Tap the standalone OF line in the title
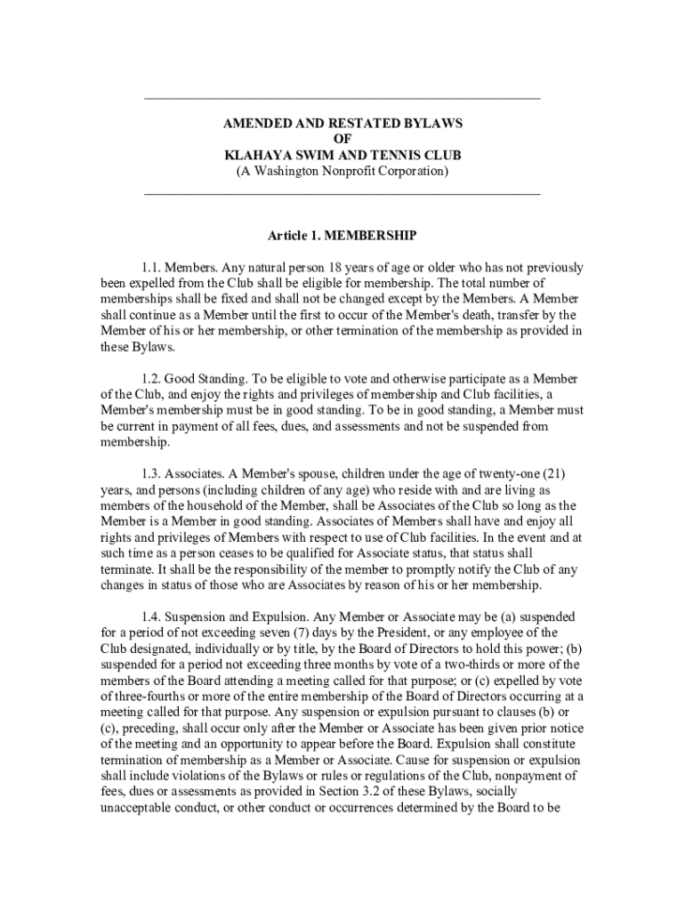click(342, 139)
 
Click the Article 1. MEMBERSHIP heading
click(342, 237)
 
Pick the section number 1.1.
click(152, 267)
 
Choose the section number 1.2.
click(152, 378)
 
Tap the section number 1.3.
click(152, 473)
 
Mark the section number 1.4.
click(152, 617)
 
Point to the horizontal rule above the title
click(342, 96)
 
